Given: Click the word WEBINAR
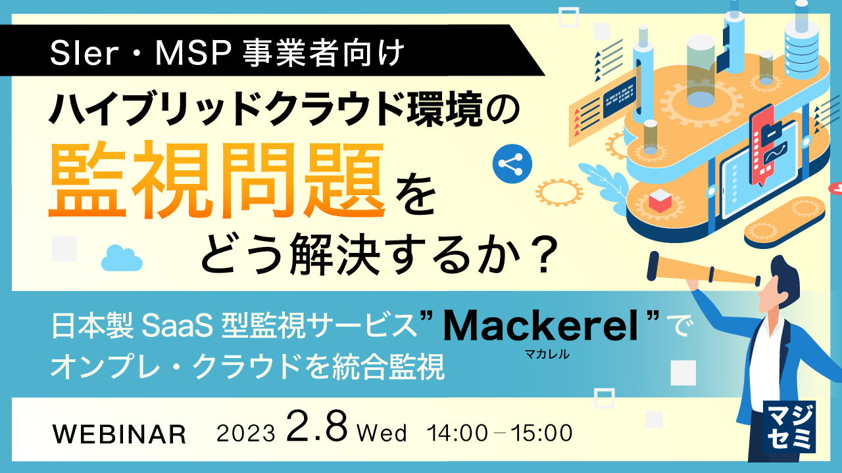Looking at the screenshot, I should click(118, 434).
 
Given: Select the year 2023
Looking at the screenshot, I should click(245, 434).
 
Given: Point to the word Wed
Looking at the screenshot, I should click(382, 434).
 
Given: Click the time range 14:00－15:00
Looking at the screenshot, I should click(499, 434).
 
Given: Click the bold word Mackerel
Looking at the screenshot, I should click(541, 326).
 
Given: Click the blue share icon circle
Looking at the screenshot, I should click(511, 164).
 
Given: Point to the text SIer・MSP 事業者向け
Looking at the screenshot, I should click(227, 53).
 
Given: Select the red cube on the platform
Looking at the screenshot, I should click(659, 201).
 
